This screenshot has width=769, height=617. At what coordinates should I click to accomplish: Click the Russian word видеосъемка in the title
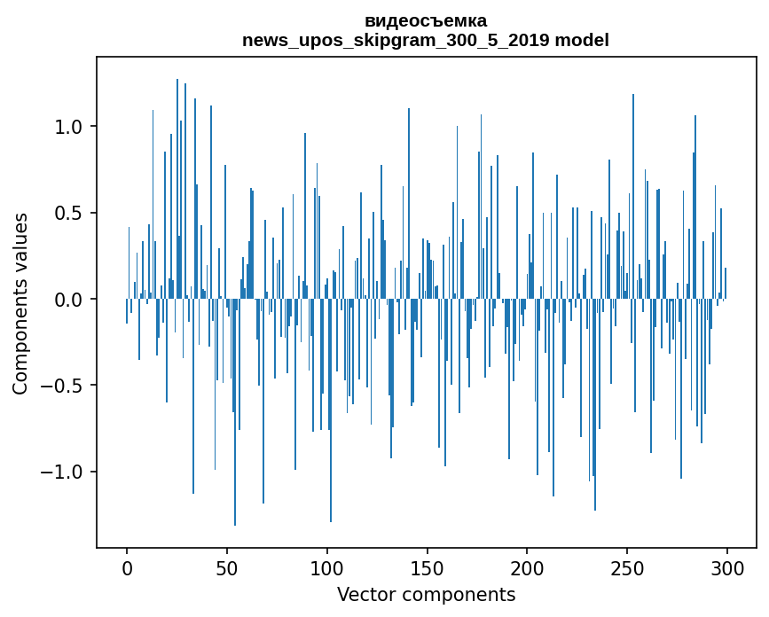(426, 21)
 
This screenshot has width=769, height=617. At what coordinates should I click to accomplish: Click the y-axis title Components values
(20, 303)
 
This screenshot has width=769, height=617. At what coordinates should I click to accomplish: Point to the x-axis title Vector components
(426, 594)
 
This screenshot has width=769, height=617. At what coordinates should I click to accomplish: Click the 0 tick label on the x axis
(127, 566)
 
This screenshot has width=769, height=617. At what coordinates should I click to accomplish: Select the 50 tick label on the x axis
(227, 566)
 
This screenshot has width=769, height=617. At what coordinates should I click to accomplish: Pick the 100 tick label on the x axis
(327, 566)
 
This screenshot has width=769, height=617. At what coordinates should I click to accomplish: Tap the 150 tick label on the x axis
(427, 566)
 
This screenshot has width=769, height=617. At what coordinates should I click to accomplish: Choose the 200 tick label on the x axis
(527, 566)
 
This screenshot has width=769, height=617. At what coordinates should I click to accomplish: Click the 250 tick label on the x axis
(627, 566)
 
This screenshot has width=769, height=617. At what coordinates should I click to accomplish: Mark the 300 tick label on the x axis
(727, 566)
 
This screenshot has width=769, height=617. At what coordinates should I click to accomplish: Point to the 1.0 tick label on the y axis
(68, 127)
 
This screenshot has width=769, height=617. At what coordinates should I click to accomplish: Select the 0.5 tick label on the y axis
(68, 213)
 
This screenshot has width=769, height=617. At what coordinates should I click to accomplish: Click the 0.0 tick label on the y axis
(68, 300)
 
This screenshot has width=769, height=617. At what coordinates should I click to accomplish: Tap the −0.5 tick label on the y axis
(62, 386)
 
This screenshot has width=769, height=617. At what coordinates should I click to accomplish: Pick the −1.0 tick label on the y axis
(62, 472)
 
